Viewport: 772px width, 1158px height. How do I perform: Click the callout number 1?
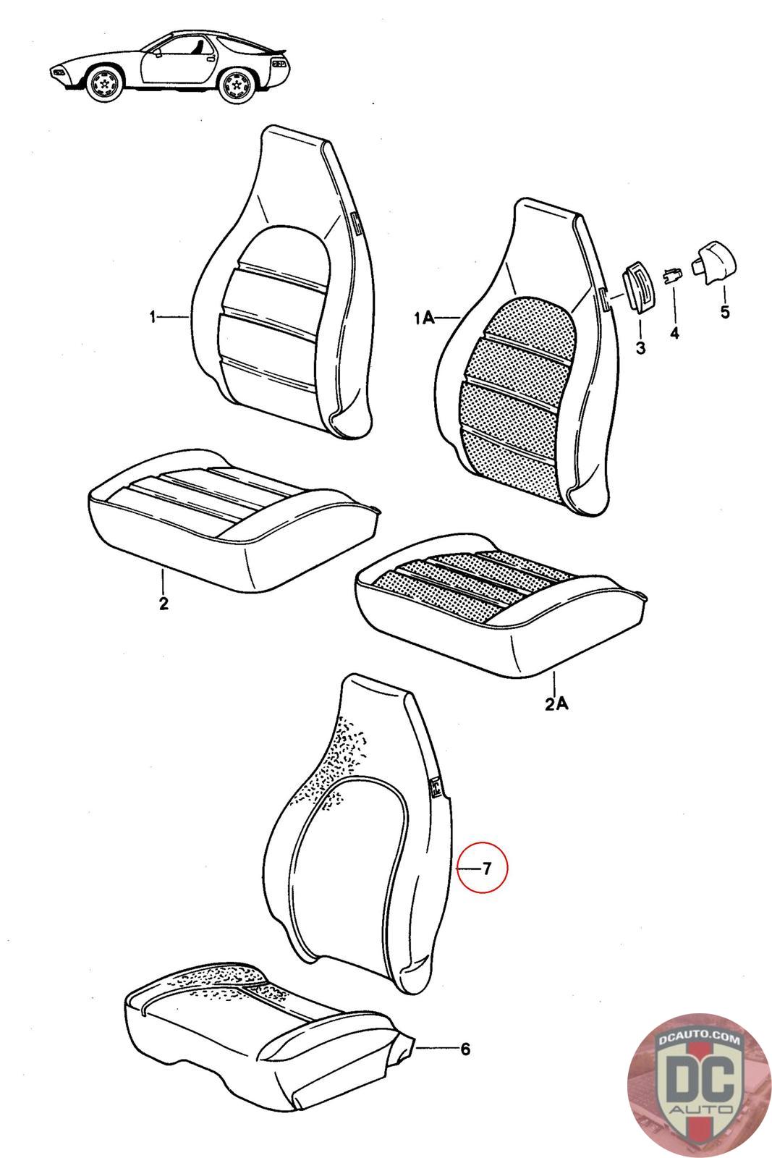point(153,316)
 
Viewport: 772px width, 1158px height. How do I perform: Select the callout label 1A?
point(424,318)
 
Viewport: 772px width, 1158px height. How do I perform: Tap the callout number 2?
point(164,604)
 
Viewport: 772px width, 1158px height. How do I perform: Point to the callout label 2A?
point(556,703)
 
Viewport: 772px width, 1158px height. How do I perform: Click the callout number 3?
point(641,347)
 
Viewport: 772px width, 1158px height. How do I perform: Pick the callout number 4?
point(674,334)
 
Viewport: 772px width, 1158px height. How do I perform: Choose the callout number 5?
point(725,312)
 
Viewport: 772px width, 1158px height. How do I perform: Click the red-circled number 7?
point(486,868)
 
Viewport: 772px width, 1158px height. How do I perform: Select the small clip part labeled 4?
point(672,275)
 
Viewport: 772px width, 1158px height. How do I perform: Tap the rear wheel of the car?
point(238,84)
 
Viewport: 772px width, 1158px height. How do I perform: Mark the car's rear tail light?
point(279,64)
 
